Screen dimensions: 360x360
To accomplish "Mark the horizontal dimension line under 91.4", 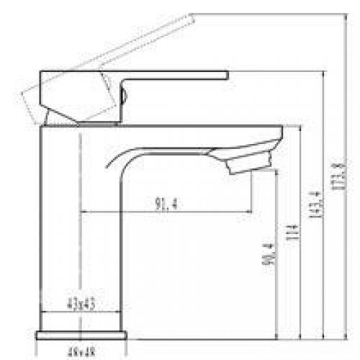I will (x=166, y=212).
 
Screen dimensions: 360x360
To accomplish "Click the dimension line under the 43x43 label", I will (x=81, y=312).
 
